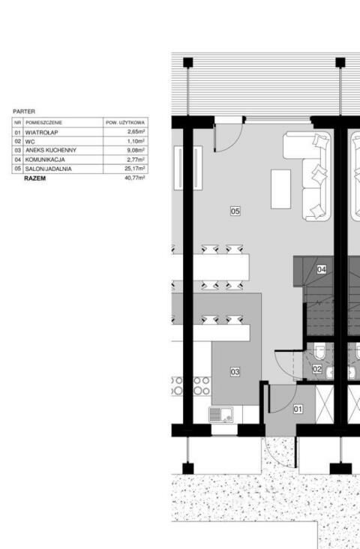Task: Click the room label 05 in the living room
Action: tap(235, 211)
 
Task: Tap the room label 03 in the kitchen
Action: tap(235, 372)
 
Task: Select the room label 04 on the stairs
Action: tap(322, 269)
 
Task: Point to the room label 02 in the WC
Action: tap(317, 369)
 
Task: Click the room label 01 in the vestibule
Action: tap(298, 409)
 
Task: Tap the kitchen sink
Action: tap(221, 415)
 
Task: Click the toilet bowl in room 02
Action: tap(320, 351)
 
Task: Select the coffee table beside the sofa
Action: tap(280, 190)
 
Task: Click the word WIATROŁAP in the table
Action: tap(42, 133)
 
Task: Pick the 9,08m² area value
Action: tap(136, 150)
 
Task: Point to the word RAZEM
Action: tap(35, 178)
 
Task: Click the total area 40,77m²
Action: tap(135, 178)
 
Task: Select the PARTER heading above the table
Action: tap(24, 111)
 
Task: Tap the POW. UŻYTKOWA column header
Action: tap(125, 123)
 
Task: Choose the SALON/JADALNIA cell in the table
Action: tap(48, 169)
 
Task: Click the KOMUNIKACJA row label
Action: tap(45, 160)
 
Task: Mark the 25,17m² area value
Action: tap(135, 169)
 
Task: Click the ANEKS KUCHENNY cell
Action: tap(51, 150)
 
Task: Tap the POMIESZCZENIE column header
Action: tap(43, 123)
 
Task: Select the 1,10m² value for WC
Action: tap(136, 141)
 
